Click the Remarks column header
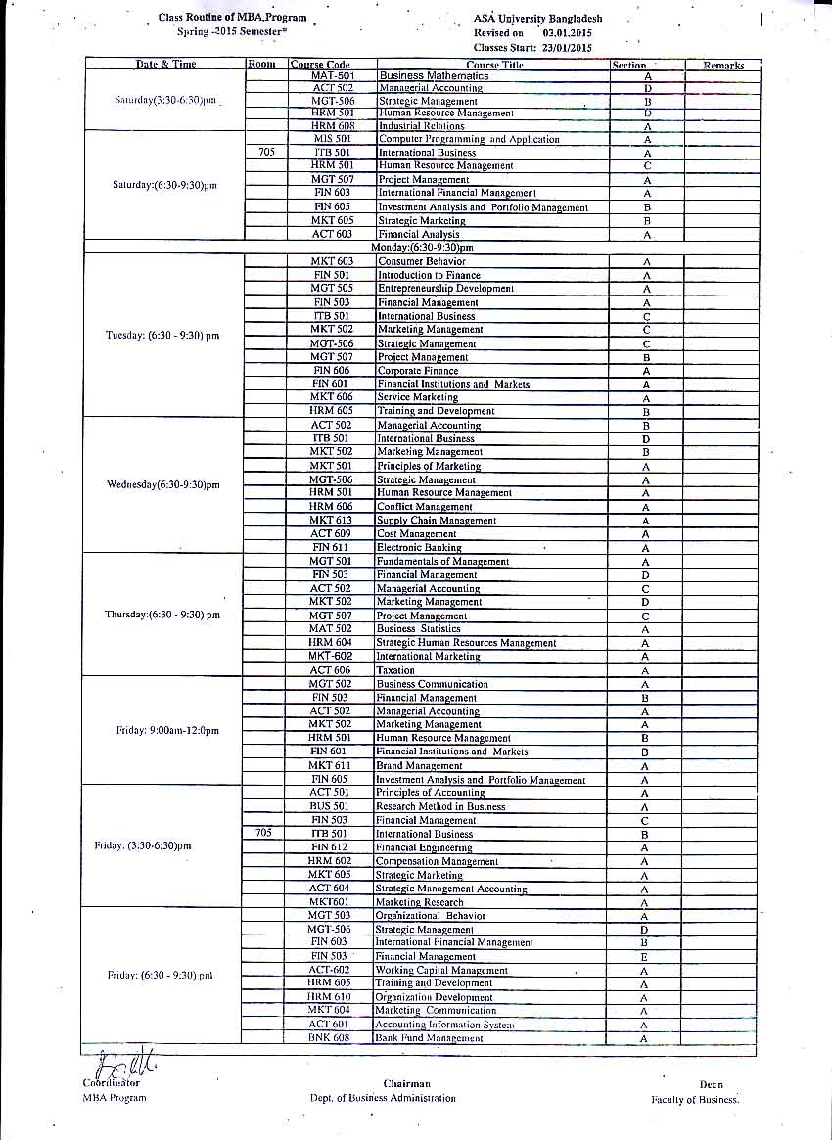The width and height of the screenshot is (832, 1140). [x=723, y=66]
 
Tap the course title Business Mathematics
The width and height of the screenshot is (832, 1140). [x=434, y=76]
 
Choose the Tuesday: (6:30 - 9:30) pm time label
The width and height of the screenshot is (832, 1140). [x=162, y=336]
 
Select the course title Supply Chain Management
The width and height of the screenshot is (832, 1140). [x=437, y=521]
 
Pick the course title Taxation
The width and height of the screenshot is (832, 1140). [x=395, y=670]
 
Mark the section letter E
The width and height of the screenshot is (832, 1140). [x=644, y=957]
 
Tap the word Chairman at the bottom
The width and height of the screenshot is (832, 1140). [x=407, y=1084]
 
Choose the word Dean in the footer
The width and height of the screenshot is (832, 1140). [x=712, y=1085]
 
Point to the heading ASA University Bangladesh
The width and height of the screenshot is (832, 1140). [x=537, y=19]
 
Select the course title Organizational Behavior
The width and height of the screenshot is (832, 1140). [x=430, y=916]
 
